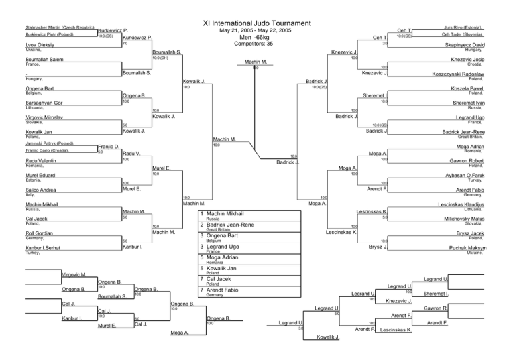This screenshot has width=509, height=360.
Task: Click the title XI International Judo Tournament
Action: tap(254, 22)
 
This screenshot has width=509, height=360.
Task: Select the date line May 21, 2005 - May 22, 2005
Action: tap(254, 30)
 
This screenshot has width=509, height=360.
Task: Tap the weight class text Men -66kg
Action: tap(254, 39)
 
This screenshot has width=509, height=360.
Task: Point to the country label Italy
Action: tap(12, 195)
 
